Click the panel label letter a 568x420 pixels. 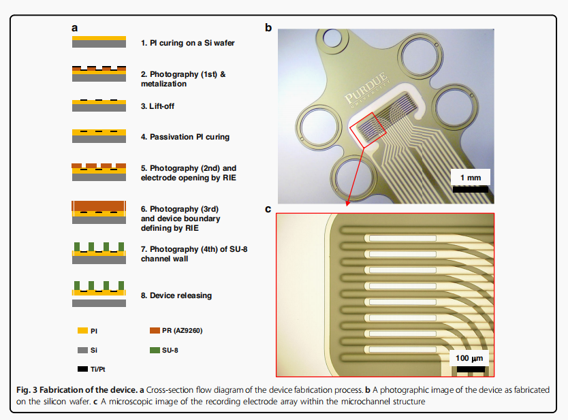pyautogui.click(x=75, y=29)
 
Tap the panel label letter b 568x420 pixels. pyautogui.click(x=268, y=29)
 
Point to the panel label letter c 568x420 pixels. pyautogui.click(x=268, y=209)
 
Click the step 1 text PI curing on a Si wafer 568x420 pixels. pyautogui.click(x=188, y=43)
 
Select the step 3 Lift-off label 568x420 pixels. pyautogui.click(x=161, y=106)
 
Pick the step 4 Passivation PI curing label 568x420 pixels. pyautogui.click(x=185, y=137)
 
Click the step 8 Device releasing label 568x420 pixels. pyautogui.click(x=176, y=295)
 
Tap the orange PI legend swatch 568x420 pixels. pyautogui.click(x=82, y=331)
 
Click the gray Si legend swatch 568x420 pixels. pyautogui.click(x=82, y=350)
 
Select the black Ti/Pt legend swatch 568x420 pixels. pyautogui.click(x=82, y=368)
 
